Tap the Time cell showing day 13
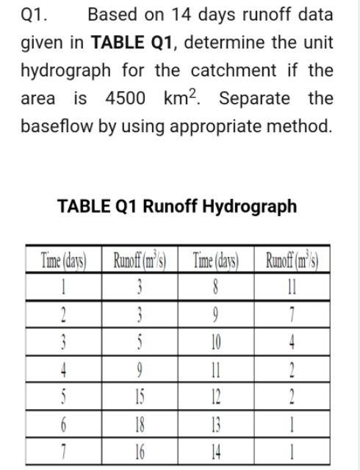click(x=215, y=425)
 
